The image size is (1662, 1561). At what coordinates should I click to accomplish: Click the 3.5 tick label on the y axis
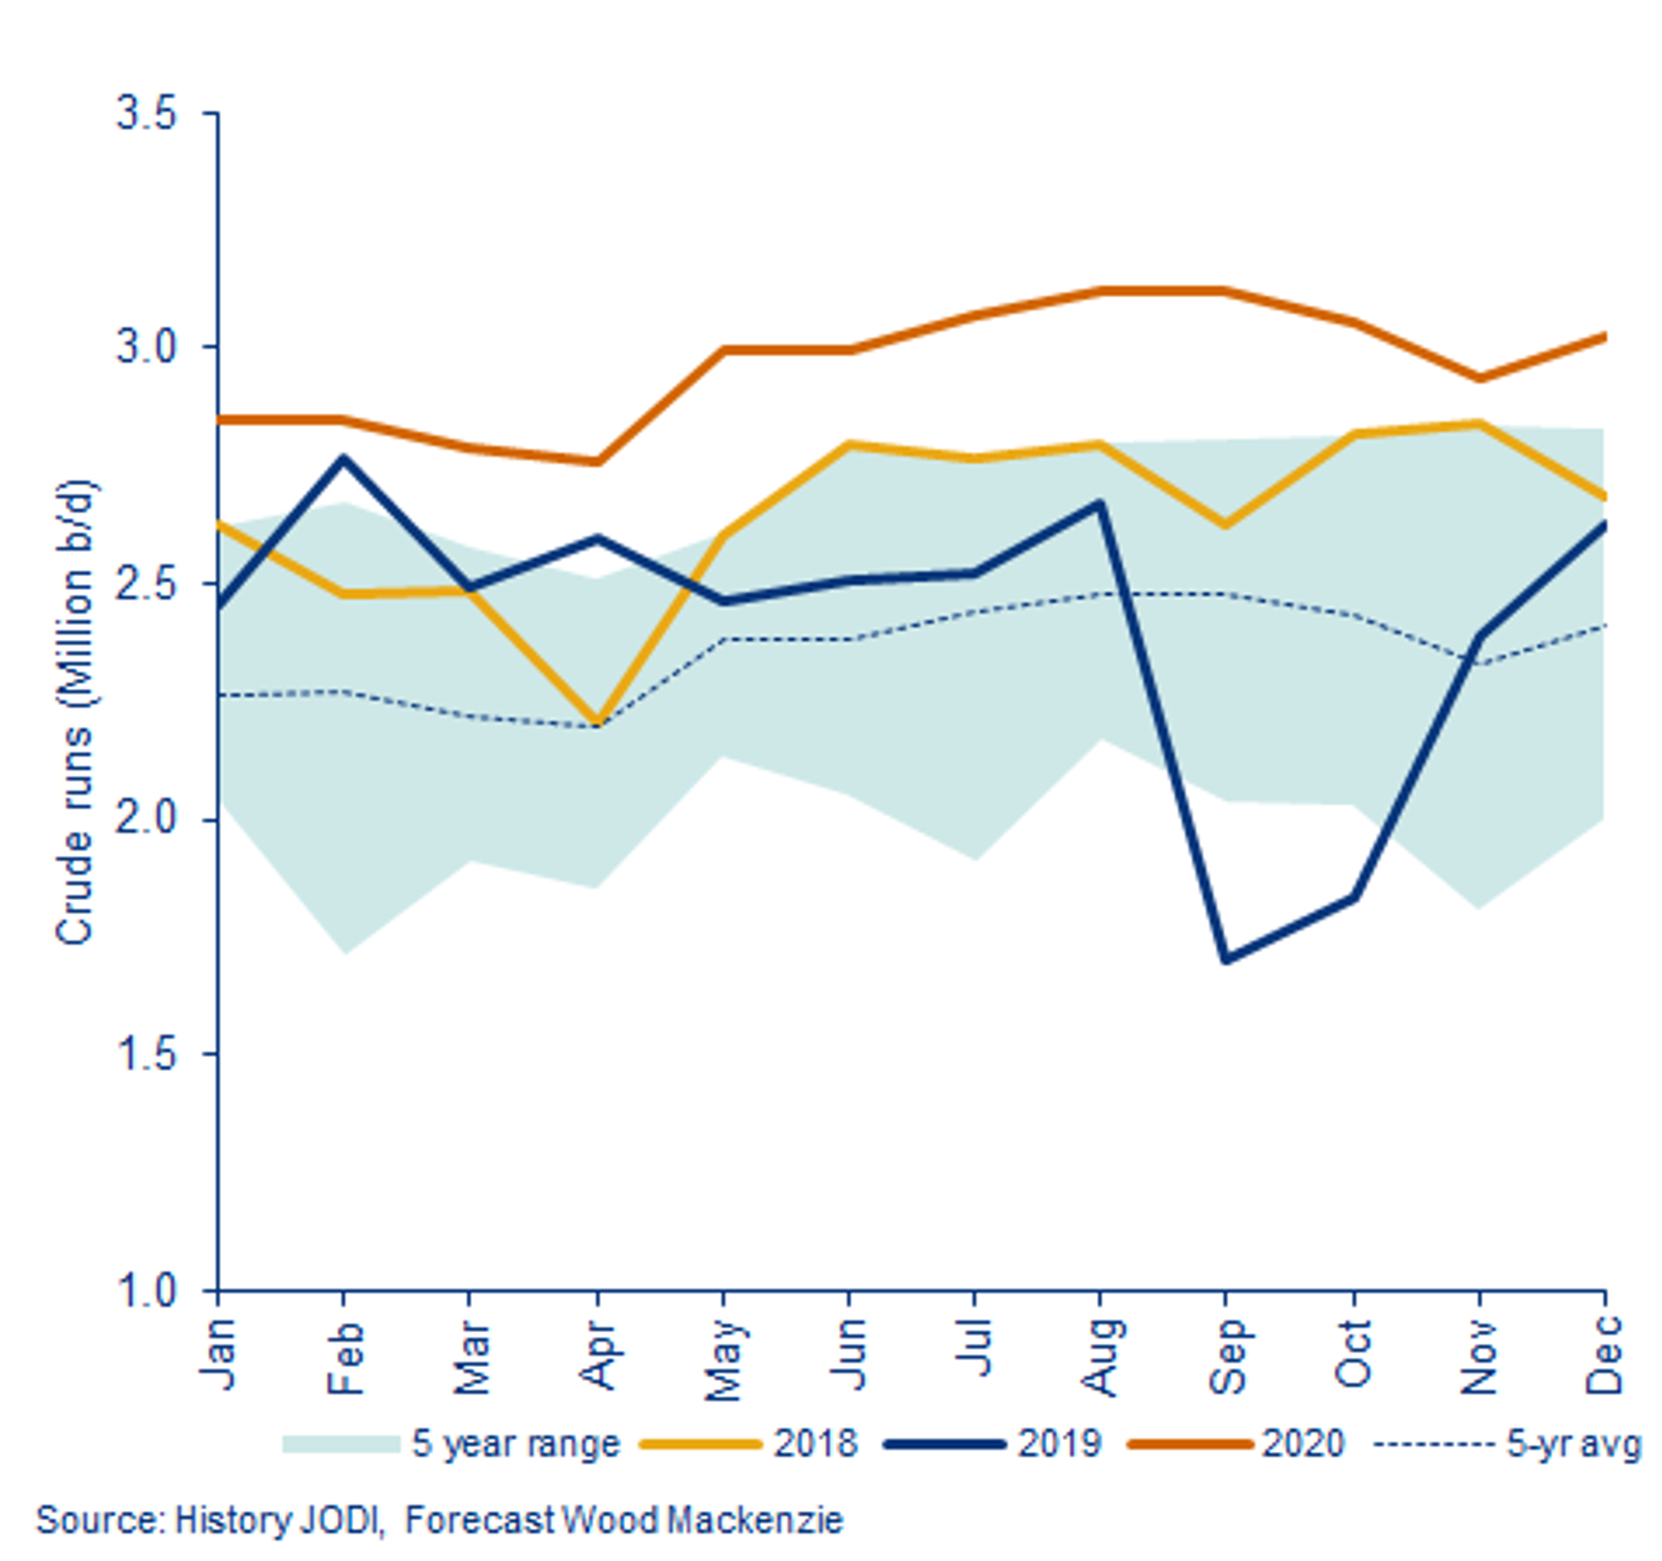[146, 114]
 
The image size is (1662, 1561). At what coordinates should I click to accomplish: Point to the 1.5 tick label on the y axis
[146, 1055]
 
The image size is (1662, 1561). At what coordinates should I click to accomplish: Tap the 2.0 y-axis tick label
[146, 819]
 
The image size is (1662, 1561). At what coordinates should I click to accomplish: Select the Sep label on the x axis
[1229, 1355]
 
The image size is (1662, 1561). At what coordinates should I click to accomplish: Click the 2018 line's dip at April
[597, 722]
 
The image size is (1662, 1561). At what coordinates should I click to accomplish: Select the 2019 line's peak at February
[344, 458]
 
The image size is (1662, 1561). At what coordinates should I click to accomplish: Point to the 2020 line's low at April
[597, 461]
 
